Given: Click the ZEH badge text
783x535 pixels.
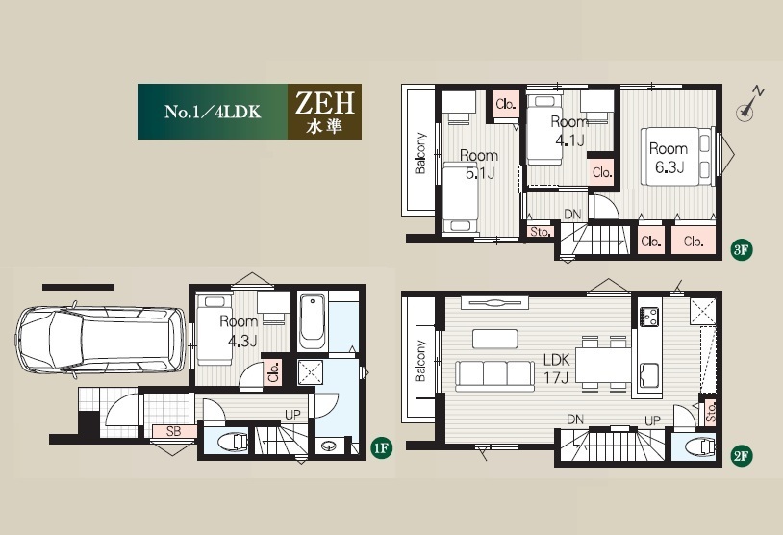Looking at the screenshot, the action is pyautogui.click(x=324, y=102).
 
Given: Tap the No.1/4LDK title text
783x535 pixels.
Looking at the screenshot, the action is pyautogui.click(x=213, y=112).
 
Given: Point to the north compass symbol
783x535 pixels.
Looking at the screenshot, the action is pyautogui.click(x=749, y=105).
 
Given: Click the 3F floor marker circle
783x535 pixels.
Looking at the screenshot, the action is pyautogui.click(x=741, y=249).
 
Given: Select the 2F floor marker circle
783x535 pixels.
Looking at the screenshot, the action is pyautogui.click(x=741, y=455).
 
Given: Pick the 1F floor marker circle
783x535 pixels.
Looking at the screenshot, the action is pyautogui.click(x=382, y=448).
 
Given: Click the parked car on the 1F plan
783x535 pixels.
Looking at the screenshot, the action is pyautogui.click(x=101, y=339).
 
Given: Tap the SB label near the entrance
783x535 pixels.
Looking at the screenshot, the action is pyautogui.click(x=173, y=431).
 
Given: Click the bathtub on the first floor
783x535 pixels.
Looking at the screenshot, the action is pyautogui.click(x=312, y=320).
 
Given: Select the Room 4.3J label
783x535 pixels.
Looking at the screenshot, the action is pyautogui.click(x=240, y=331).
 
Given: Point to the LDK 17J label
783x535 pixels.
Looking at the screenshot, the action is pyautogui.click(x=557, y=369).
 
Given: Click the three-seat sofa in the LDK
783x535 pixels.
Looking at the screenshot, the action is pyautogui.click(x=493, y=376).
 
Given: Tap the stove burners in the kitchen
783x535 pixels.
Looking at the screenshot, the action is pyautogui.click(x=648, y=316).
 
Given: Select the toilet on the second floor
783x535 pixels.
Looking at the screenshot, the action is pyautogui.click(x=699, y=446).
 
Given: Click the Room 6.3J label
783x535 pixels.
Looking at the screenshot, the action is pyautogui.click(x=669, y=158).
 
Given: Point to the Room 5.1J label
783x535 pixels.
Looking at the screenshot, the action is pyautogui.click(x=479, y=165).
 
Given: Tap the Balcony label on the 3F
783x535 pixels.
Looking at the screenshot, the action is pyautogui.click(x=420, y=153).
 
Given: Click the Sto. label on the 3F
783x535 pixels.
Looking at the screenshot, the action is pyautogui.click(x=540, y=232).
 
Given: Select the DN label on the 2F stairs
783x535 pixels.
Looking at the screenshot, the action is pyautogui.click(x=575, y=420).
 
